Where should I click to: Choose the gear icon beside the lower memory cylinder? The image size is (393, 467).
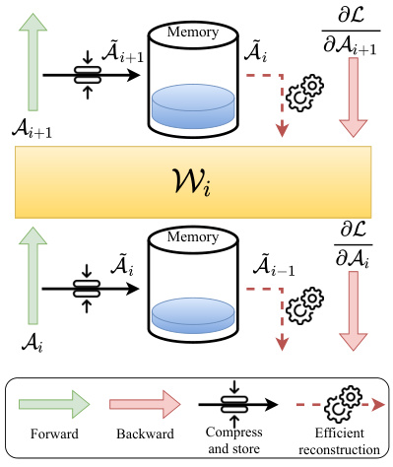pyautogui.click(x=308, y=300)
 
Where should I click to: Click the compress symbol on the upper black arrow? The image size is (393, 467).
pyautogui.click(x=88, y=72)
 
